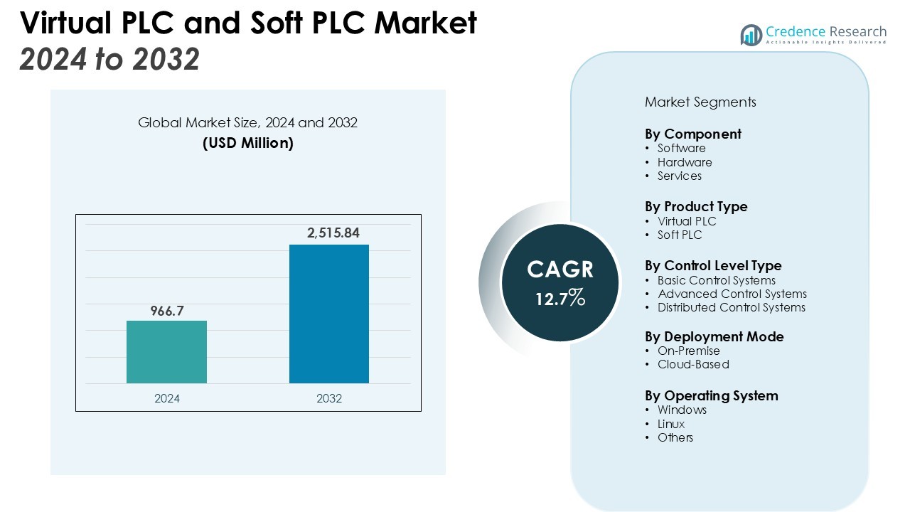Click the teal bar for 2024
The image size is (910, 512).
coord(166,352)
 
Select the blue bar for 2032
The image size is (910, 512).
coord(328,314)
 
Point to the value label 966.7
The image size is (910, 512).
coord(166,311)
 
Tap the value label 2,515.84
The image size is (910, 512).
coord(328,233)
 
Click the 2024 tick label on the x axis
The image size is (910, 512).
coord(166,399)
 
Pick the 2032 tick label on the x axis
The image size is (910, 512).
coord(328,399)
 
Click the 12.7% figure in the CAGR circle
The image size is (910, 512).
coord(560,298)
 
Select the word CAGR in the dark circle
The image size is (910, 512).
coord(560,270)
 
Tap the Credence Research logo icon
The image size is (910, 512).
coord(751,35)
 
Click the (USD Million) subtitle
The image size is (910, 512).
coord(247,143)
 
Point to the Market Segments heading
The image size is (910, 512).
coord(700,102)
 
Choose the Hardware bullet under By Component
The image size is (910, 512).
coord(684,162)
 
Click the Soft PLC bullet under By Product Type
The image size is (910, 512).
coord(679,235)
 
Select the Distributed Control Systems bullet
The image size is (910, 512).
coord(731,307)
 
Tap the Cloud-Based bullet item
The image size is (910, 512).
coord(692,364)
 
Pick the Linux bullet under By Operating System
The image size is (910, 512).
coord(670,424)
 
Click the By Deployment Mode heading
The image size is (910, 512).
coord(714,336)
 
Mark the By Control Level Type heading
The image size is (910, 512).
coord(713,265)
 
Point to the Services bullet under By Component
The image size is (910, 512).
coord(679,176)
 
